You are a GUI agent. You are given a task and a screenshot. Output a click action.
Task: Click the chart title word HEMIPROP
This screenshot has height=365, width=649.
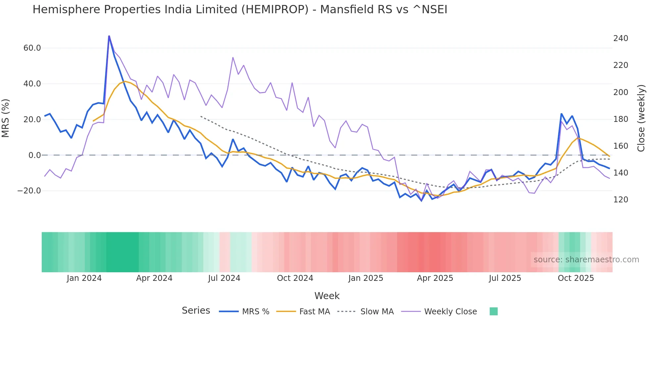click(275, 10)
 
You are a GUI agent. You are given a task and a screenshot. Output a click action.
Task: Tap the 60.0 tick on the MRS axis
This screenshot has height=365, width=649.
click(32, 48)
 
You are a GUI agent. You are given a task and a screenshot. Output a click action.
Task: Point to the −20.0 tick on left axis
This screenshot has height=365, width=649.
click(29, 191)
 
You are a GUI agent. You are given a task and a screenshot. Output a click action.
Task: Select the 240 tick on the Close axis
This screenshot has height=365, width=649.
click(621, 38)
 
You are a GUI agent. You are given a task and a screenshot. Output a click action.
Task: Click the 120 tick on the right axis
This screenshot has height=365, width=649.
click(621, 200)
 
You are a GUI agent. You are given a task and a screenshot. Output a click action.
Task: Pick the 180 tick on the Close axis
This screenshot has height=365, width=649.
click(621, 119)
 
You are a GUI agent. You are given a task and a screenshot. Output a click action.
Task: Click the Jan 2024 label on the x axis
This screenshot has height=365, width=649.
click(84, 278)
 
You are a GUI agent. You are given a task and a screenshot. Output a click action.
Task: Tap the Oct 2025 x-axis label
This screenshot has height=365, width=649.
click(576, 278)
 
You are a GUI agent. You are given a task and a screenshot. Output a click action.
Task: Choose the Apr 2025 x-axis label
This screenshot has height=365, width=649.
click(435, 278)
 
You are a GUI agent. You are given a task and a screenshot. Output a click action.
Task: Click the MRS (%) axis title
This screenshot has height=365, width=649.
click(6, 118)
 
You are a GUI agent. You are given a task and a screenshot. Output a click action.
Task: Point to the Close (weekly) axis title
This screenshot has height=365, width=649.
click(641, 118)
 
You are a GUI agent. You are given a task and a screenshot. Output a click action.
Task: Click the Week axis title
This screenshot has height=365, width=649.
click(327, 296)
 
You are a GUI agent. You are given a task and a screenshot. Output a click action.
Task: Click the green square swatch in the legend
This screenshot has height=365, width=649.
click(493, 311)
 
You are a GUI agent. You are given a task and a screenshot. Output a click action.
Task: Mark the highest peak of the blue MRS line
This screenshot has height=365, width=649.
click(109, 36)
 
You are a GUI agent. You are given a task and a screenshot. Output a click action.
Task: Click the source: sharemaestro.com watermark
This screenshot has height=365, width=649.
click(586, 260)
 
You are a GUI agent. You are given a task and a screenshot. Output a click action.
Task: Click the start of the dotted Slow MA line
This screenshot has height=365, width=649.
click(201, 116)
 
